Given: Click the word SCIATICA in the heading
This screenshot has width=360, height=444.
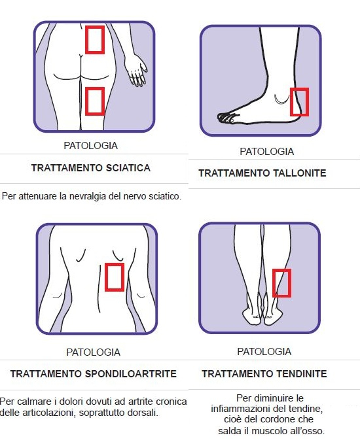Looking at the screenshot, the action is point(128,168).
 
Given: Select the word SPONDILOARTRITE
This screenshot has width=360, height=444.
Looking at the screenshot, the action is point(131,374).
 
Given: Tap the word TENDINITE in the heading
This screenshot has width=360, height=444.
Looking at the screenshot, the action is point(302,374).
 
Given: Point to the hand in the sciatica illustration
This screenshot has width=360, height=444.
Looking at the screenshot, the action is point(137,71).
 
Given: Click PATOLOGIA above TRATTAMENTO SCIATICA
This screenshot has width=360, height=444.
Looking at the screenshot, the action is point(91,146).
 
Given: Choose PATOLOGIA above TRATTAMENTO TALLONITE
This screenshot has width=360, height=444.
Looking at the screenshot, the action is point(267,152).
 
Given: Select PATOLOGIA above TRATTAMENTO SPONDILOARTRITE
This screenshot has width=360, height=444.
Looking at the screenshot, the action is point(93,352).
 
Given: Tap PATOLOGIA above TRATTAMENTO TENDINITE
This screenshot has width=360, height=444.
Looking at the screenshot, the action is point(264,352).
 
